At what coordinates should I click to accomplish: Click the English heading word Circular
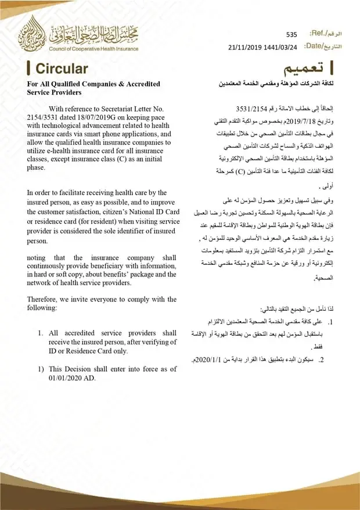click(x=62, y=69)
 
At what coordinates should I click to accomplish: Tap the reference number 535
click(x=291, y=35)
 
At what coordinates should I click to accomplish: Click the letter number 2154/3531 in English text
click(x=44, y=118)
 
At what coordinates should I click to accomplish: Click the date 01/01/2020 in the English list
click(x=49, y=378)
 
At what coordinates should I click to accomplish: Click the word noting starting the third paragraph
click(x=38, y=257)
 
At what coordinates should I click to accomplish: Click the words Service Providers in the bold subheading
click(x=55, y=92)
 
